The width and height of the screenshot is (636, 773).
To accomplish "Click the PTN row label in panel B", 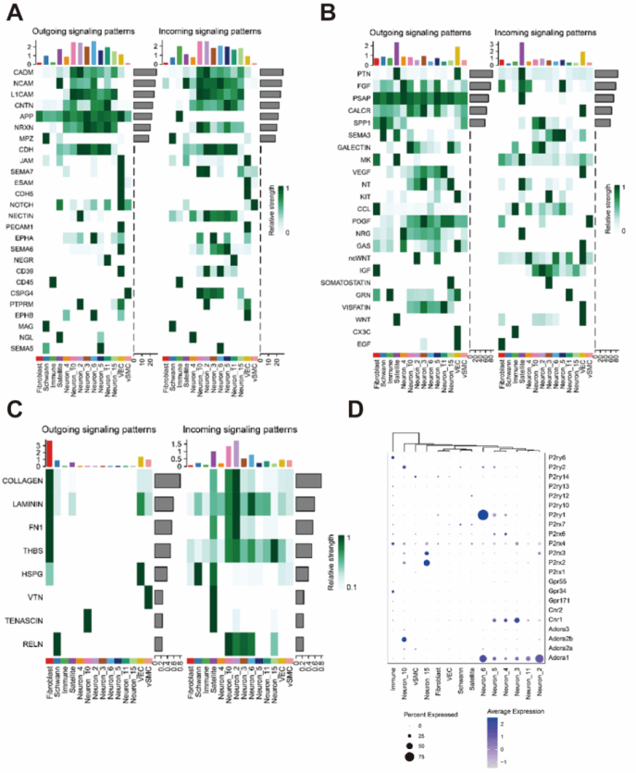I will pyautogui.click(x=363, y=73).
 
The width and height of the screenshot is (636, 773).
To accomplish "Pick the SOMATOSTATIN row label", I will pyautogui.click(x=346, y=281).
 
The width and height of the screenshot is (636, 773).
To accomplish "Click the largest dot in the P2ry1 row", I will pyautogui.click(x=482, y=516).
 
